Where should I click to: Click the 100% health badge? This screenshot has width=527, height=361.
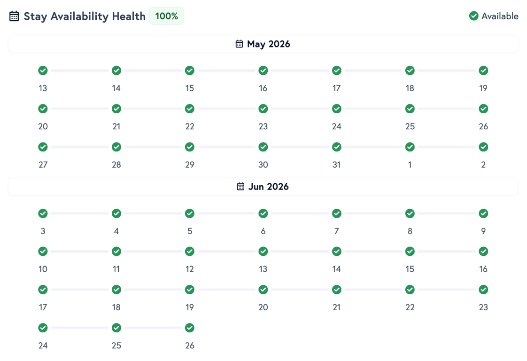[166, 16]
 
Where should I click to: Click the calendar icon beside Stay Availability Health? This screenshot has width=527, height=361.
[14, 16]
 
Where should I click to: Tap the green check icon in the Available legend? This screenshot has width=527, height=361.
[473, 16]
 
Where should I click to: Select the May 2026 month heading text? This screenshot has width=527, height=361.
[268, 44]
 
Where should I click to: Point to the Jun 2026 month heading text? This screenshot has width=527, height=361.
[268, 187]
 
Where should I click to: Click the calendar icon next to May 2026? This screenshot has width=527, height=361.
[239, 44]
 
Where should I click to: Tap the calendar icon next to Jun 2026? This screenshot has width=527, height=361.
[240, 187]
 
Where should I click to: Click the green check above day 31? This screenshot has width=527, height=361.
[336, 147]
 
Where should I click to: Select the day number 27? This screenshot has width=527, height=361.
[43, 165]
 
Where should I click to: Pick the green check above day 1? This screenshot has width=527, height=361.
[410, 147]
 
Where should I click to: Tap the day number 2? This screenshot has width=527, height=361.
[483, 165]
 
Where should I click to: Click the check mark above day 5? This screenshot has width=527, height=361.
[190, 213]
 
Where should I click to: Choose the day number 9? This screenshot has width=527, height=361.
[483, 231]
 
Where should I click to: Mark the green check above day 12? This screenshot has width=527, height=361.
[190, 251]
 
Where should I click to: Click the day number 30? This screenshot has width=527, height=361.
[263, 165]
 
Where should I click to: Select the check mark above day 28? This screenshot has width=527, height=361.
[116, 147]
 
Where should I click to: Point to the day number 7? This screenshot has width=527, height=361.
[336, 231]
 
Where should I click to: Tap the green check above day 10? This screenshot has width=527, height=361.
[43, 251]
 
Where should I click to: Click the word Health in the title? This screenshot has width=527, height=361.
[129, 16]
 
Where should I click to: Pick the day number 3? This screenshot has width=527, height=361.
[43, 231]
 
